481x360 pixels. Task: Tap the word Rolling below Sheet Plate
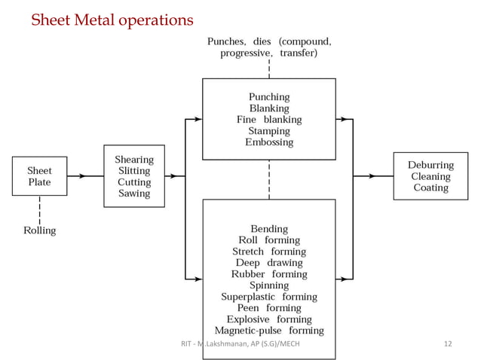pos(39,230)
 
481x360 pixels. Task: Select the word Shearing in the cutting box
pos(133,160)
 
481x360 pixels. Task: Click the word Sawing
pos(133,194)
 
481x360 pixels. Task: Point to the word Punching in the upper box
pos(268,97)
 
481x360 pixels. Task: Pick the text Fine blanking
pos(268,120)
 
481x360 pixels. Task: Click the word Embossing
pos(268,142)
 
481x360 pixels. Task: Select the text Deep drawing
pos(268,263)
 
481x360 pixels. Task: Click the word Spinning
pos(268,285)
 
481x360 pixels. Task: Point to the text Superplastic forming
pos(268,297)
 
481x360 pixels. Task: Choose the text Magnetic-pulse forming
pos(268,331)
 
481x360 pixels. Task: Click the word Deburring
pos(430,165)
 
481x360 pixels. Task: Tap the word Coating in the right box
pos(430,188)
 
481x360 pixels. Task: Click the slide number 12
pos(447,344)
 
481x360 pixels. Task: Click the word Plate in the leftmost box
pos(39,182)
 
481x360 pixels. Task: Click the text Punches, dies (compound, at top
pos(268,41)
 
